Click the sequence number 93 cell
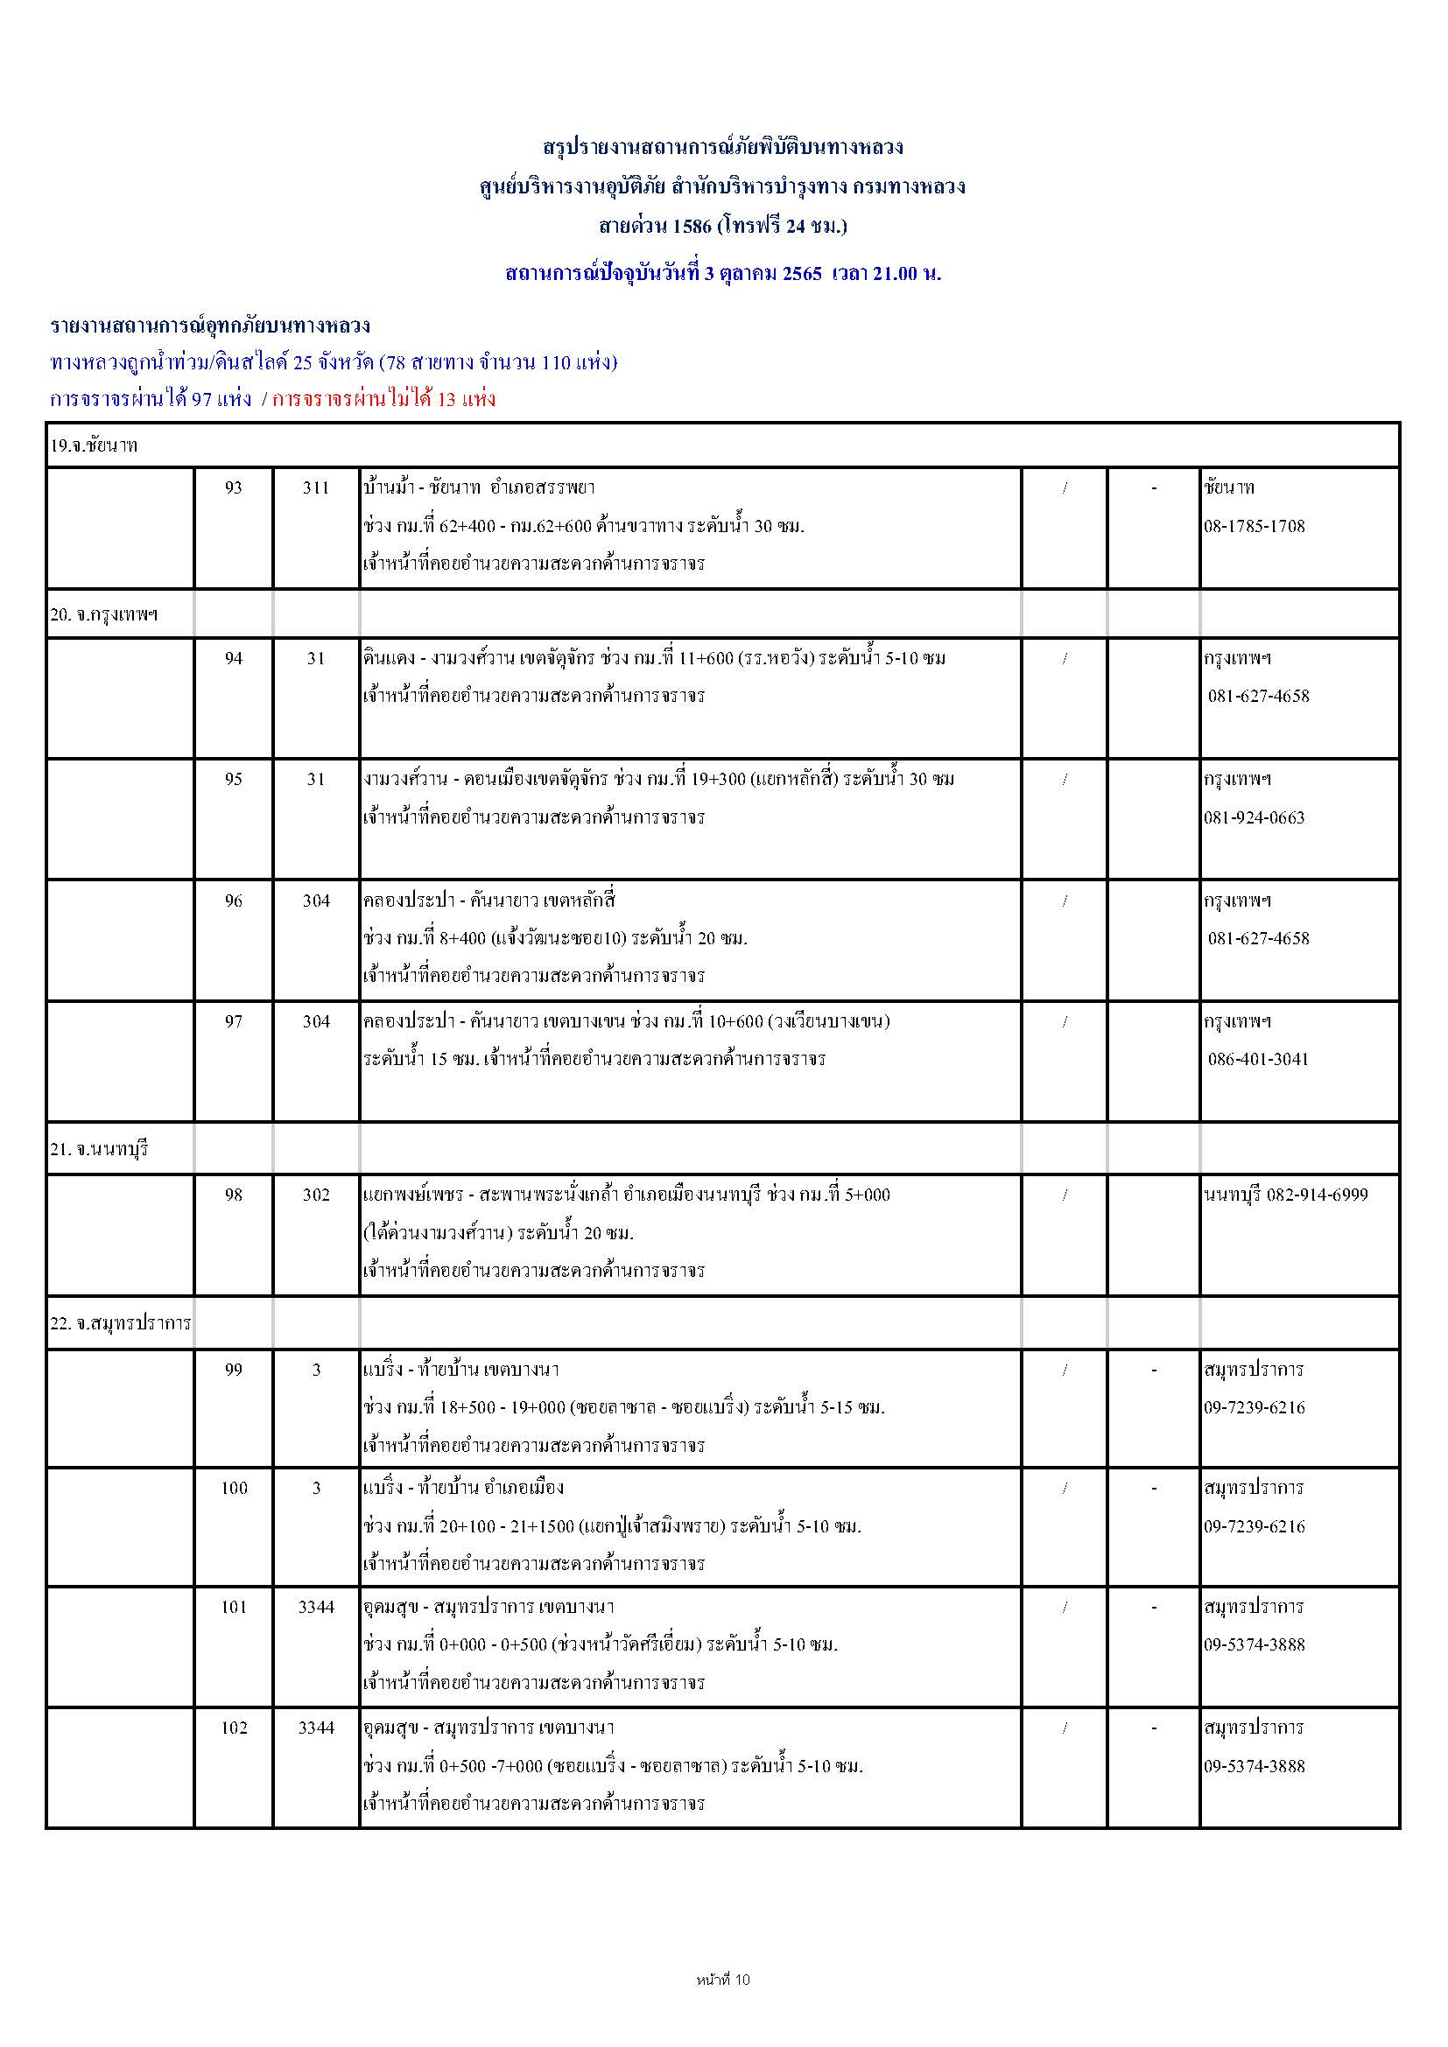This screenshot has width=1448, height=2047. [233, 487]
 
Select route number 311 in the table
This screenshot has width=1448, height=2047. [316, 487]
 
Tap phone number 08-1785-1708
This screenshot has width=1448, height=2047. [1254, 526]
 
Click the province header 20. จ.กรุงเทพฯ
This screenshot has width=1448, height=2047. [104, 614]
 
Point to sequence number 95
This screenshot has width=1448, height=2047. [233, 779]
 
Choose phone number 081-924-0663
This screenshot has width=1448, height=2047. [1254, 817]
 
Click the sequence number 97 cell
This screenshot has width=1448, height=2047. [233, 1021]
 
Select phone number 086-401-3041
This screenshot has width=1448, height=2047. [1258, 1059]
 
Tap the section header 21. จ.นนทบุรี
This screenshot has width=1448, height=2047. [99, 1149]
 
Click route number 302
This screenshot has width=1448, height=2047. [316, 1195]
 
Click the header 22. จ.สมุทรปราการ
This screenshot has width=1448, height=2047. [120, 1323]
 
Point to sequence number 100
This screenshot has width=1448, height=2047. [234, 1488]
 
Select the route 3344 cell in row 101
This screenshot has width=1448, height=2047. [316, 1607]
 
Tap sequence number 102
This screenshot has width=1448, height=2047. [234, 1728]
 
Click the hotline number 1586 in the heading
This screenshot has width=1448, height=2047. [692, 227]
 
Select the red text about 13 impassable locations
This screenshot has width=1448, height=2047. [383, 399]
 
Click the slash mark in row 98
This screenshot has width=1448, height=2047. [1065, 1195]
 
